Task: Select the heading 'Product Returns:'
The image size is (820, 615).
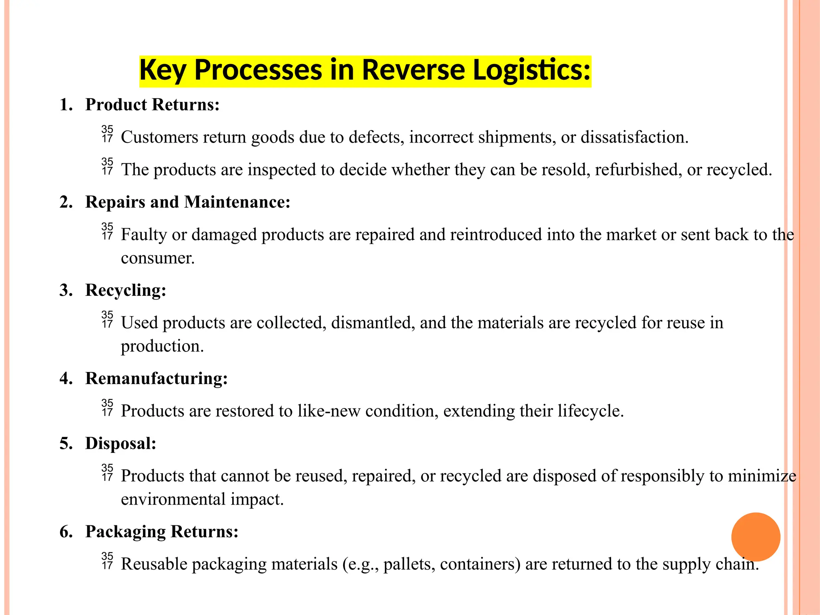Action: pyautogui.click(x=152, y=105)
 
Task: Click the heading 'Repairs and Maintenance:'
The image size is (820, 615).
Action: pyautogui.click(x=187, y=202)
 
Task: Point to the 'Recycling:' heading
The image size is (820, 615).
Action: pyautogui.click(x=125, y=290)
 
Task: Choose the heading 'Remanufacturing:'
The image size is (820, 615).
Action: pyautogui.click(x=156, y=378)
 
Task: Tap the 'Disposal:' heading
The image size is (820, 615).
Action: pyautogui.click(x=121, y=444)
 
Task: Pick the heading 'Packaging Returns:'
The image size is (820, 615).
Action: pyautogui.click(x=162, y=532)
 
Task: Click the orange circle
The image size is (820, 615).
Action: pyautogui.click(x=756, y=537)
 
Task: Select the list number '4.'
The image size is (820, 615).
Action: pyautogui.click(x=66, y=378)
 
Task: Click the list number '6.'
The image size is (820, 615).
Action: pyautogui.click(x=66, y=532)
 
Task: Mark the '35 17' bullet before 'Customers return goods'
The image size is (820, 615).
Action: pyautogui.click(x=107, y=134)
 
